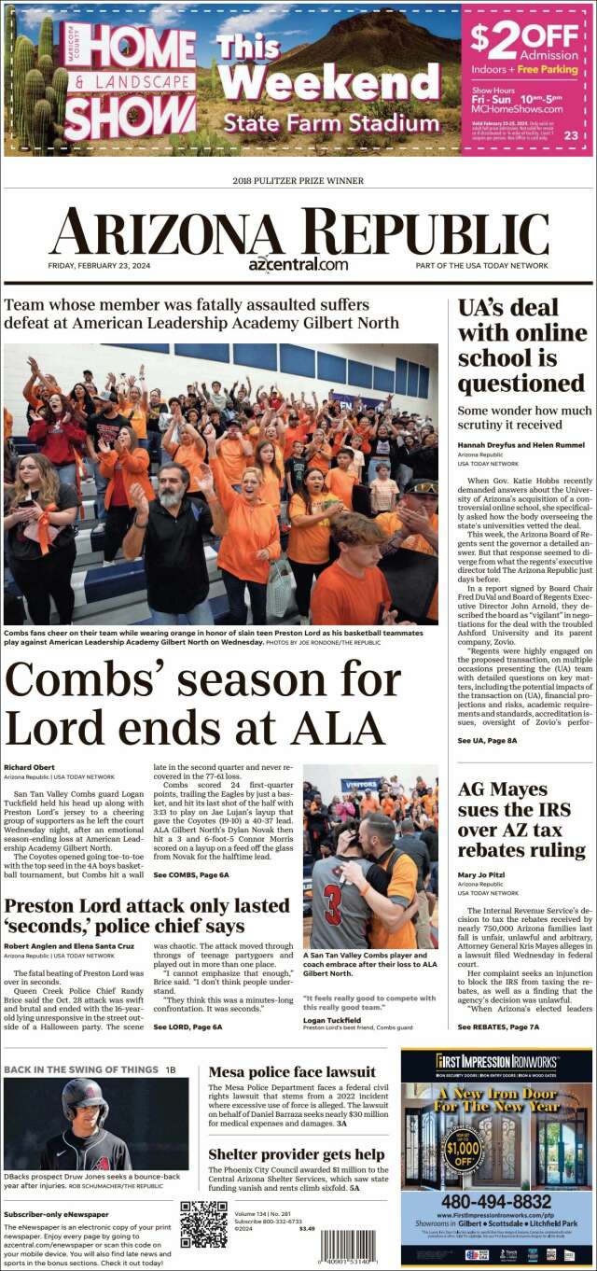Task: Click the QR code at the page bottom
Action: click(x=203, y=1223)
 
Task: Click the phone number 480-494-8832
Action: click(x=496, y=1201)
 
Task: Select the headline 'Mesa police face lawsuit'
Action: click(x=292, y=1071)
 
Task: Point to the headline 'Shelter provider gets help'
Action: click(x=297, y=1154)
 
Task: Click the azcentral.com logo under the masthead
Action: click(x=298, y=264)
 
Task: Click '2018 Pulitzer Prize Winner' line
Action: click(x=298, y=180)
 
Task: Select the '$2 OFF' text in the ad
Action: click(x=524, y=36)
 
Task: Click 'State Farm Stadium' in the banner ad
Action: click(x=331, y=122)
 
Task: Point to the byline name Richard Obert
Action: click(x=30, y=767)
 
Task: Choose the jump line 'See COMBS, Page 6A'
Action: click(x=190, y=874)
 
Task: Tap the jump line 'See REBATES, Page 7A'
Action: click(x=498, y=1027)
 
